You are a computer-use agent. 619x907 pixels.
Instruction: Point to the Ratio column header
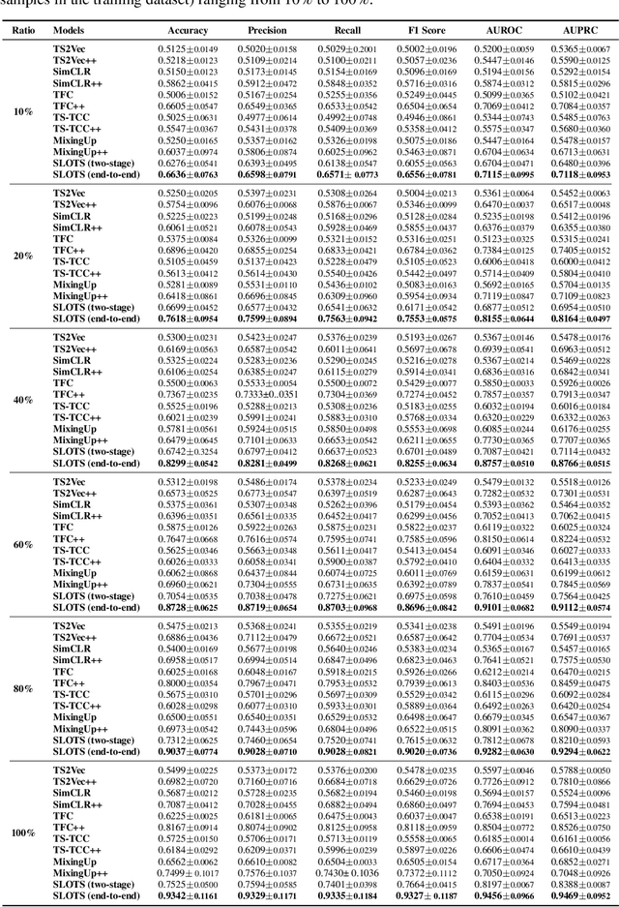pos(21,30)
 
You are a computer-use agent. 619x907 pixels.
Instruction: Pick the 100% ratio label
pos(21,831)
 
